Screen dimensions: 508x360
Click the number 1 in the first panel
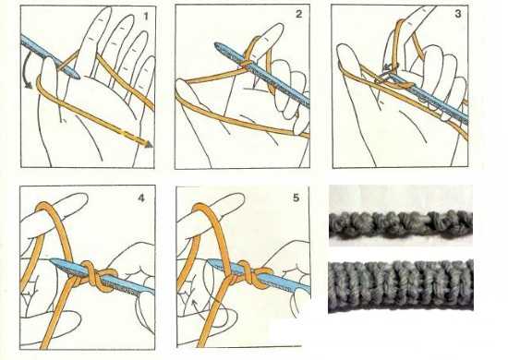pyautogui.click(x=146, y=16)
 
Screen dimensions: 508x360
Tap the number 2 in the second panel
pyautogui.click(x=298, y=14)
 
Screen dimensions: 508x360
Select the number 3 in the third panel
pyautogui.click(x=458, y=14)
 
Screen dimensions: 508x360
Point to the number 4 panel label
pyautogui.click(x=141, y=198)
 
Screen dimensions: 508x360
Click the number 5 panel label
pyautogui.click(x=296, y=198)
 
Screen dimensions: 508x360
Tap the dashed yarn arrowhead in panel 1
pyautogui.click(x=149, y=144)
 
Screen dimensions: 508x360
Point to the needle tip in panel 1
pyautogui.click(x=77, y=76)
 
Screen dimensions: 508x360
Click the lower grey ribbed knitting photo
pyautogui.click(x=401, y=285)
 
